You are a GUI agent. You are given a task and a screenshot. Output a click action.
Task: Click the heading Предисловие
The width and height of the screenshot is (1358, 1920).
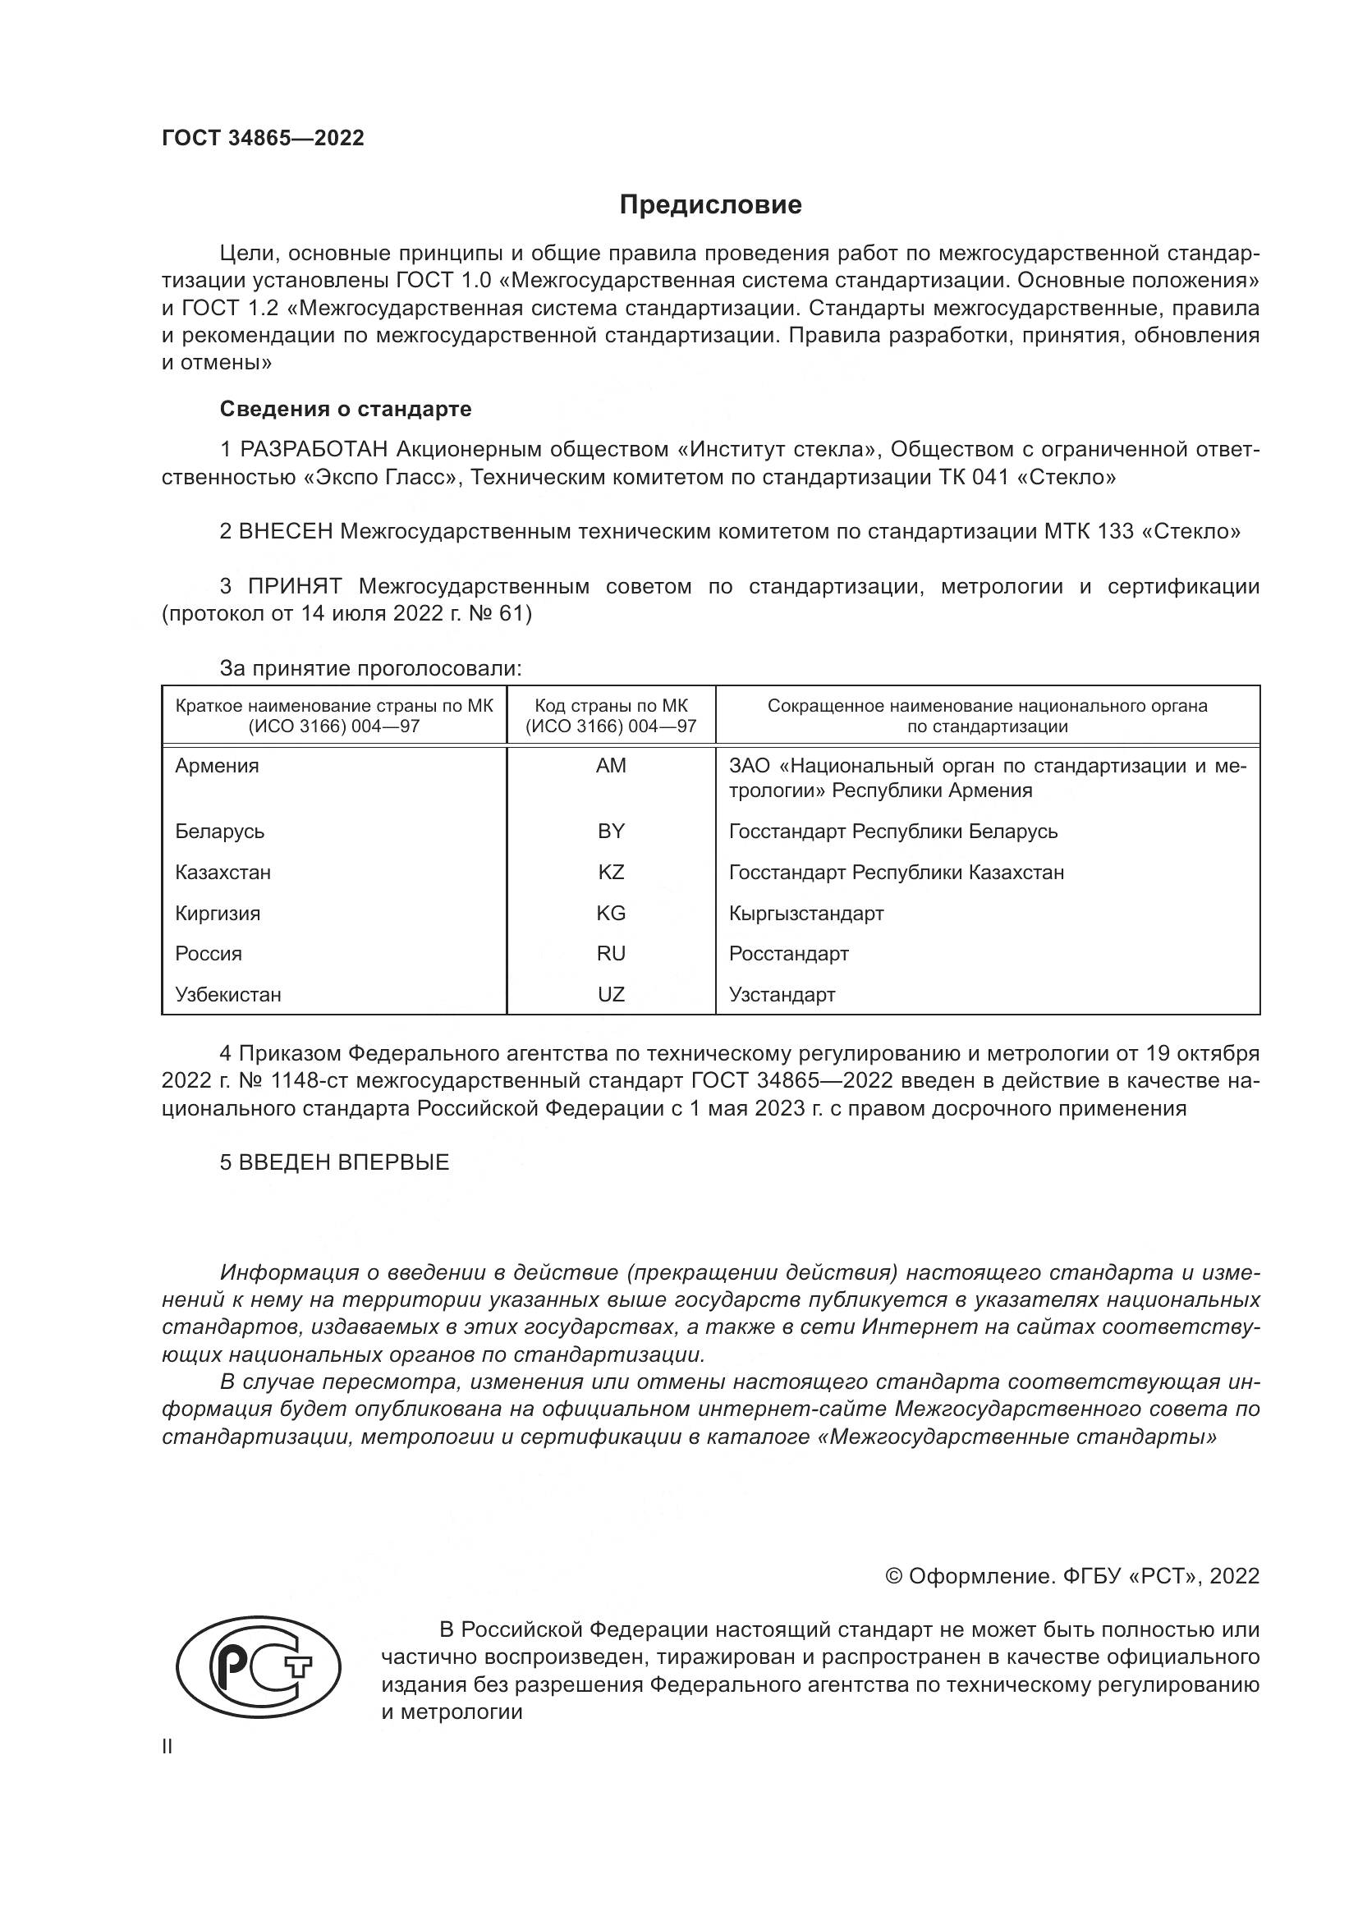pyautogui.click(x=710, y=205)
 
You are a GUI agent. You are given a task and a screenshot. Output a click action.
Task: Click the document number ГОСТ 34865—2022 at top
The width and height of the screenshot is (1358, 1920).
pyautogui.click(x=263, y=139)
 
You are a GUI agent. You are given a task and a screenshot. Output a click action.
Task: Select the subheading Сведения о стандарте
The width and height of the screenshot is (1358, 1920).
pyautogui.click(x=346, y=409)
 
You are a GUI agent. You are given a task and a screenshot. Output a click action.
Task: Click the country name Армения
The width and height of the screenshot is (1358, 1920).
pyautogui.click(x=217, y=766)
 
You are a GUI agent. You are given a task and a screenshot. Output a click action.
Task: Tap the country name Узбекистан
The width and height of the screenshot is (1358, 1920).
pyautogui.click(x=227, y=995)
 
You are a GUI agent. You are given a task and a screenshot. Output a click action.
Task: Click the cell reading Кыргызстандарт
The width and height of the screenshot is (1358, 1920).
pyautogui.click(x=805, y=913)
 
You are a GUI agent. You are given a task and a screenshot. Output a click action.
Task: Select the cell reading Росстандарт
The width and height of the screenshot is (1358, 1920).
pyautogui.click(x=788, y=954)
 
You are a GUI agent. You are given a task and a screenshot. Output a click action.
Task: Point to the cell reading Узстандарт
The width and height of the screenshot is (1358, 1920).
pyautogui.click(x=782, y=995)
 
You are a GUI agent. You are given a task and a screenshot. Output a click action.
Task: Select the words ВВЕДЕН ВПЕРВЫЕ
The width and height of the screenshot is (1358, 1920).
pyautogui.click(x=344, y=1162)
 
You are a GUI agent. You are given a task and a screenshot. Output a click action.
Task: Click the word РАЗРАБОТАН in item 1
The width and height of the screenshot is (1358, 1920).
pyautogui.click(x=314, y=450)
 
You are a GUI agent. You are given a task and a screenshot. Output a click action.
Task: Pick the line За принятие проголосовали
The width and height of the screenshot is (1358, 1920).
pyautogui.click(x=370, y=669)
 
